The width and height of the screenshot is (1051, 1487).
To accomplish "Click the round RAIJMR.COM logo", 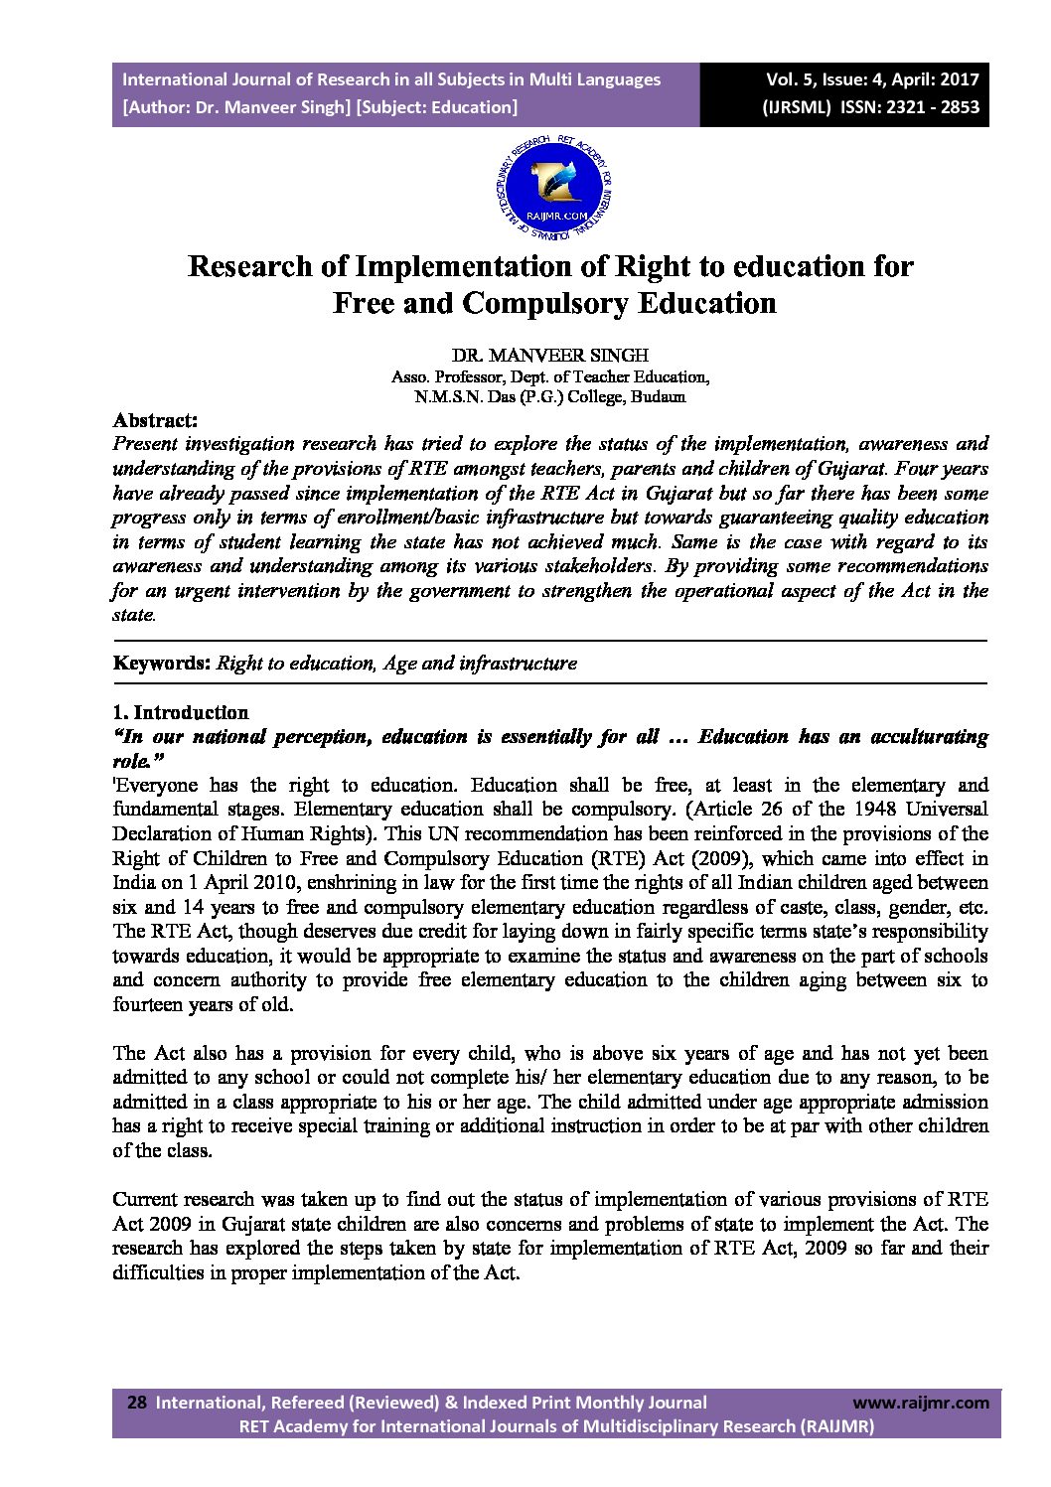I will tap(553, 187).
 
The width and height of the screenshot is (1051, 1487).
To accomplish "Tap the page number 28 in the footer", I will tap(137, 1403).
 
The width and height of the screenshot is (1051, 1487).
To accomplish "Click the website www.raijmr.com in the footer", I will tap(921, 1403).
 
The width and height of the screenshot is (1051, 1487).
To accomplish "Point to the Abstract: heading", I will tap(155, 420).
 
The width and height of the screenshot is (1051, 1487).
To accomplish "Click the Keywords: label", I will tap(162, 663).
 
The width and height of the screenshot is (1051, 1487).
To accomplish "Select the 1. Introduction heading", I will tap(181, 712).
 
